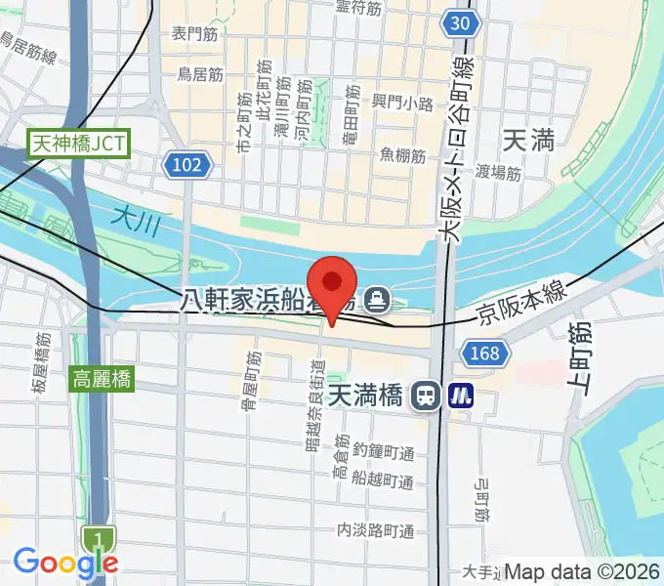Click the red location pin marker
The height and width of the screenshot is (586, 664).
pyautogui.click(x=333, y=284)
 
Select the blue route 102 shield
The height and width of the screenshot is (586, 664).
pyautogui.click(x=187, y=165)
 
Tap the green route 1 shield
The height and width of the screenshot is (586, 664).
pyautogui.click(x=98, y=538)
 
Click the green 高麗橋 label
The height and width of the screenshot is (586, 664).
pyautogui.click(x=102, y=377)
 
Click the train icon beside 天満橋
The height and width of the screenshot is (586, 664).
pyautogui.click(x=425, y=396)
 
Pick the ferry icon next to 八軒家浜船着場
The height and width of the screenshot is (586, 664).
pyautogui.click(x=375, y=297)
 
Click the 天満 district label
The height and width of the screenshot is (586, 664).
pyautogui.click(x=528, y=141)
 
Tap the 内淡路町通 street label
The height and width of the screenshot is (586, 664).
pyautogui.click(x=375, y=530)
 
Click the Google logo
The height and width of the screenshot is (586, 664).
pyautogui.click(x=65, y=562)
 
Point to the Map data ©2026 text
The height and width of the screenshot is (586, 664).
pyautogui.click(x=581, y=572)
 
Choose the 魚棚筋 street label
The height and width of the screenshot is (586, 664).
pyautogui.click(x=403, y=155)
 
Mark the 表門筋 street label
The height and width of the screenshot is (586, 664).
pyautogui.click(x=194, y=33)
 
